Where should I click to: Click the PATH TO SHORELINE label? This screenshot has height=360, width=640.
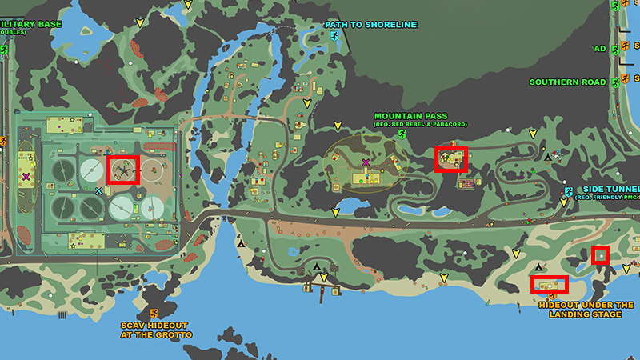(x=370, y=25)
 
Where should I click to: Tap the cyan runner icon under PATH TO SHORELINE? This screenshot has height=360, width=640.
(x=334, y=37)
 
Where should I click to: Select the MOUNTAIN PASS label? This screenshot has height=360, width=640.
(x=410, y=116)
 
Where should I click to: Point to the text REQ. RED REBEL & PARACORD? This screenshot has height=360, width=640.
(x=410, y=124)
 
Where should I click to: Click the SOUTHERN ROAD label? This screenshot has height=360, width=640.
(x=568, y=82)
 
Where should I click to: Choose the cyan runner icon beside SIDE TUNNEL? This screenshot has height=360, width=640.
(x=567, y=192)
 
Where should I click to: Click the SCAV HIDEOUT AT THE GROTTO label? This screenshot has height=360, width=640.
(x=156, y=330)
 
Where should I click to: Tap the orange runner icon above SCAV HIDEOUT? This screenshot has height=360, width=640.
(x=153, y=313)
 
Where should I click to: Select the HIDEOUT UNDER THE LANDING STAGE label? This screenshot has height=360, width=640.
(x=586, y=310)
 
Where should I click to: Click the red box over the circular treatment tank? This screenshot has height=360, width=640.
(x=123, y=170)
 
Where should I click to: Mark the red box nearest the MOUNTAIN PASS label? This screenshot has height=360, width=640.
(x=450, y=159)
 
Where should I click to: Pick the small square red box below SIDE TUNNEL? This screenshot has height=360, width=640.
(x=600, y=255)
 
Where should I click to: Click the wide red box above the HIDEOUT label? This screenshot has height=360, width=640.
(x=549, y=284)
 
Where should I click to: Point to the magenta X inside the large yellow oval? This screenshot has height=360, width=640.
(x=366, y=163)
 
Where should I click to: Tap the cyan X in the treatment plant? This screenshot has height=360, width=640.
(x=98, y=191)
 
